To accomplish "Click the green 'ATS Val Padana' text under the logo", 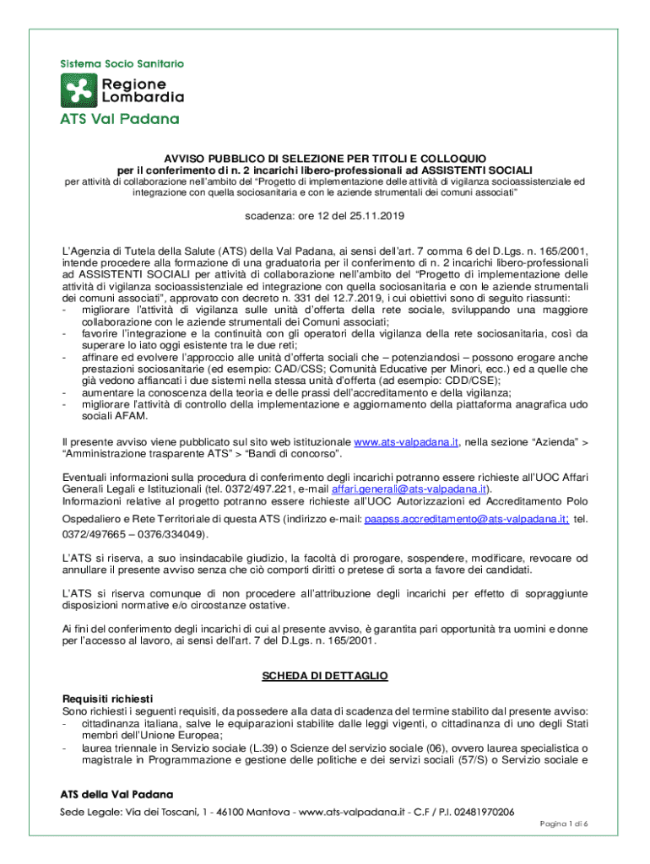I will point(119,119).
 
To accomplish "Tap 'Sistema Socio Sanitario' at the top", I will point(122,63).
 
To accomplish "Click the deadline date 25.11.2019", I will point(378,217).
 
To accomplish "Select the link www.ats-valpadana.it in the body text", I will point(405,441).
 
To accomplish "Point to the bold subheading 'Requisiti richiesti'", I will point(108,699).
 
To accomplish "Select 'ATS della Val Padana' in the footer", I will point(116,795).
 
